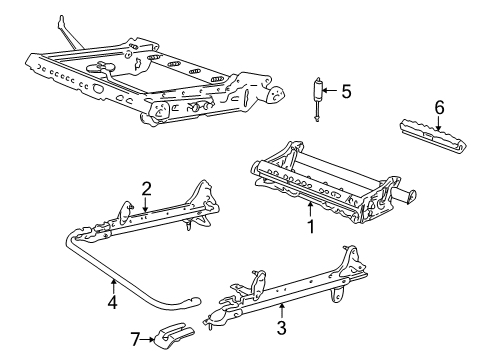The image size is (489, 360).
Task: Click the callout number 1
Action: pos(311,226)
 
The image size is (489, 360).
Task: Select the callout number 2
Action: pos(146,187)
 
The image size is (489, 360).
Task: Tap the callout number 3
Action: pos(283,326)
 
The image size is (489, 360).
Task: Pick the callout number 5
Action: pos(346,92)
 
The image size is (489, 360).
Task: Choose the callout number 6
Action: pos(439,107)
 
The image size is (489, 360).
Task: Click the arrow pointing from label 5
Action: pos(332,92)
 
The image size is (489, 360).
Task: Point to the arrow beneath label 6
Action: pos(439,124)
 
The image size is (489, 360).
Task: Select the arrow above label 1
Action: pos(311,208)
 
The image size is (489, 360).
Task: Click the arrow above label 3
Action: pos(283,308)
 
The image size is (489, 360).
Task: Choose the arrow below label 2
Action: pos(146,204)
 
